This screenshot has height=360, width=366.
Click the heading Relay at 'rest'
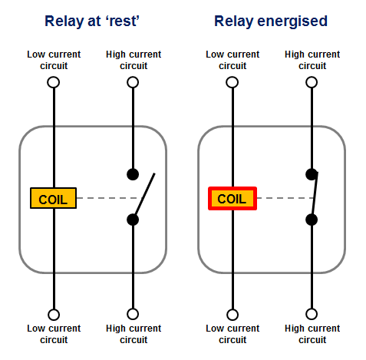pos(92,20)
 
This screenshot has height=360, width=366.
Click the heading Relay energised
pos(271,20)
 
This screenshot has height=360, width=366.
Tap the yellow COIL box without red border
pos(53,199)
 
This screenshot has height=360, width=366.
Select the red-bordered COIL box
pos(232,199)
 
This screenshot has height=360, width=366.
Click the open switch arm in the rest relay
pos(145,195)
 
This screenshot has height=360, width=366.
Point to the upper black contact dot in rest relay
pos(133,174)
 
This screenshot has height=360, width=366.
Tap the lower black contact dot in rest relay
pos(133,220)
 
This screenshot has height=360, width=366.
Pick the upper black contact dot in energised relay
pos(312,174)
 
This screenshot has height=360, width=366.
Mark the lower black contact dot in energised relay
pos(312,220)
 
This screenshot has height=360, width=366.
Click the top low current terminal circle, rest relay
pos(53,81)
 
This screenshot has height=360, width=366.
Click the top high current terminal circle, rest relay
pos(133,81)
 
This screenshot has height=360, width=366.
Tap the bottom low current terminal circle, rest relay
pos(53,314)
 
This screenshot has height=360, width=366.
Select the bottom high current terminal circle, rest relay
pos(133,314)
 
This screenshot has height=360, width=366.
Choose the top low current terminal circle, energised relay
pos(232,81)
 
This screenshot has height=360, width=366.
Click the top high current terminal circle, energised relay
pos(312,81)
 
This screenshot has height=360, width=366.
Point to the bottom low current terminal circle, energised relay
pos(232,314)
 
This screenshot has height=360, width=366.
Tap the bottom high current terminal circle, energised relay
pos(312,314)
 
